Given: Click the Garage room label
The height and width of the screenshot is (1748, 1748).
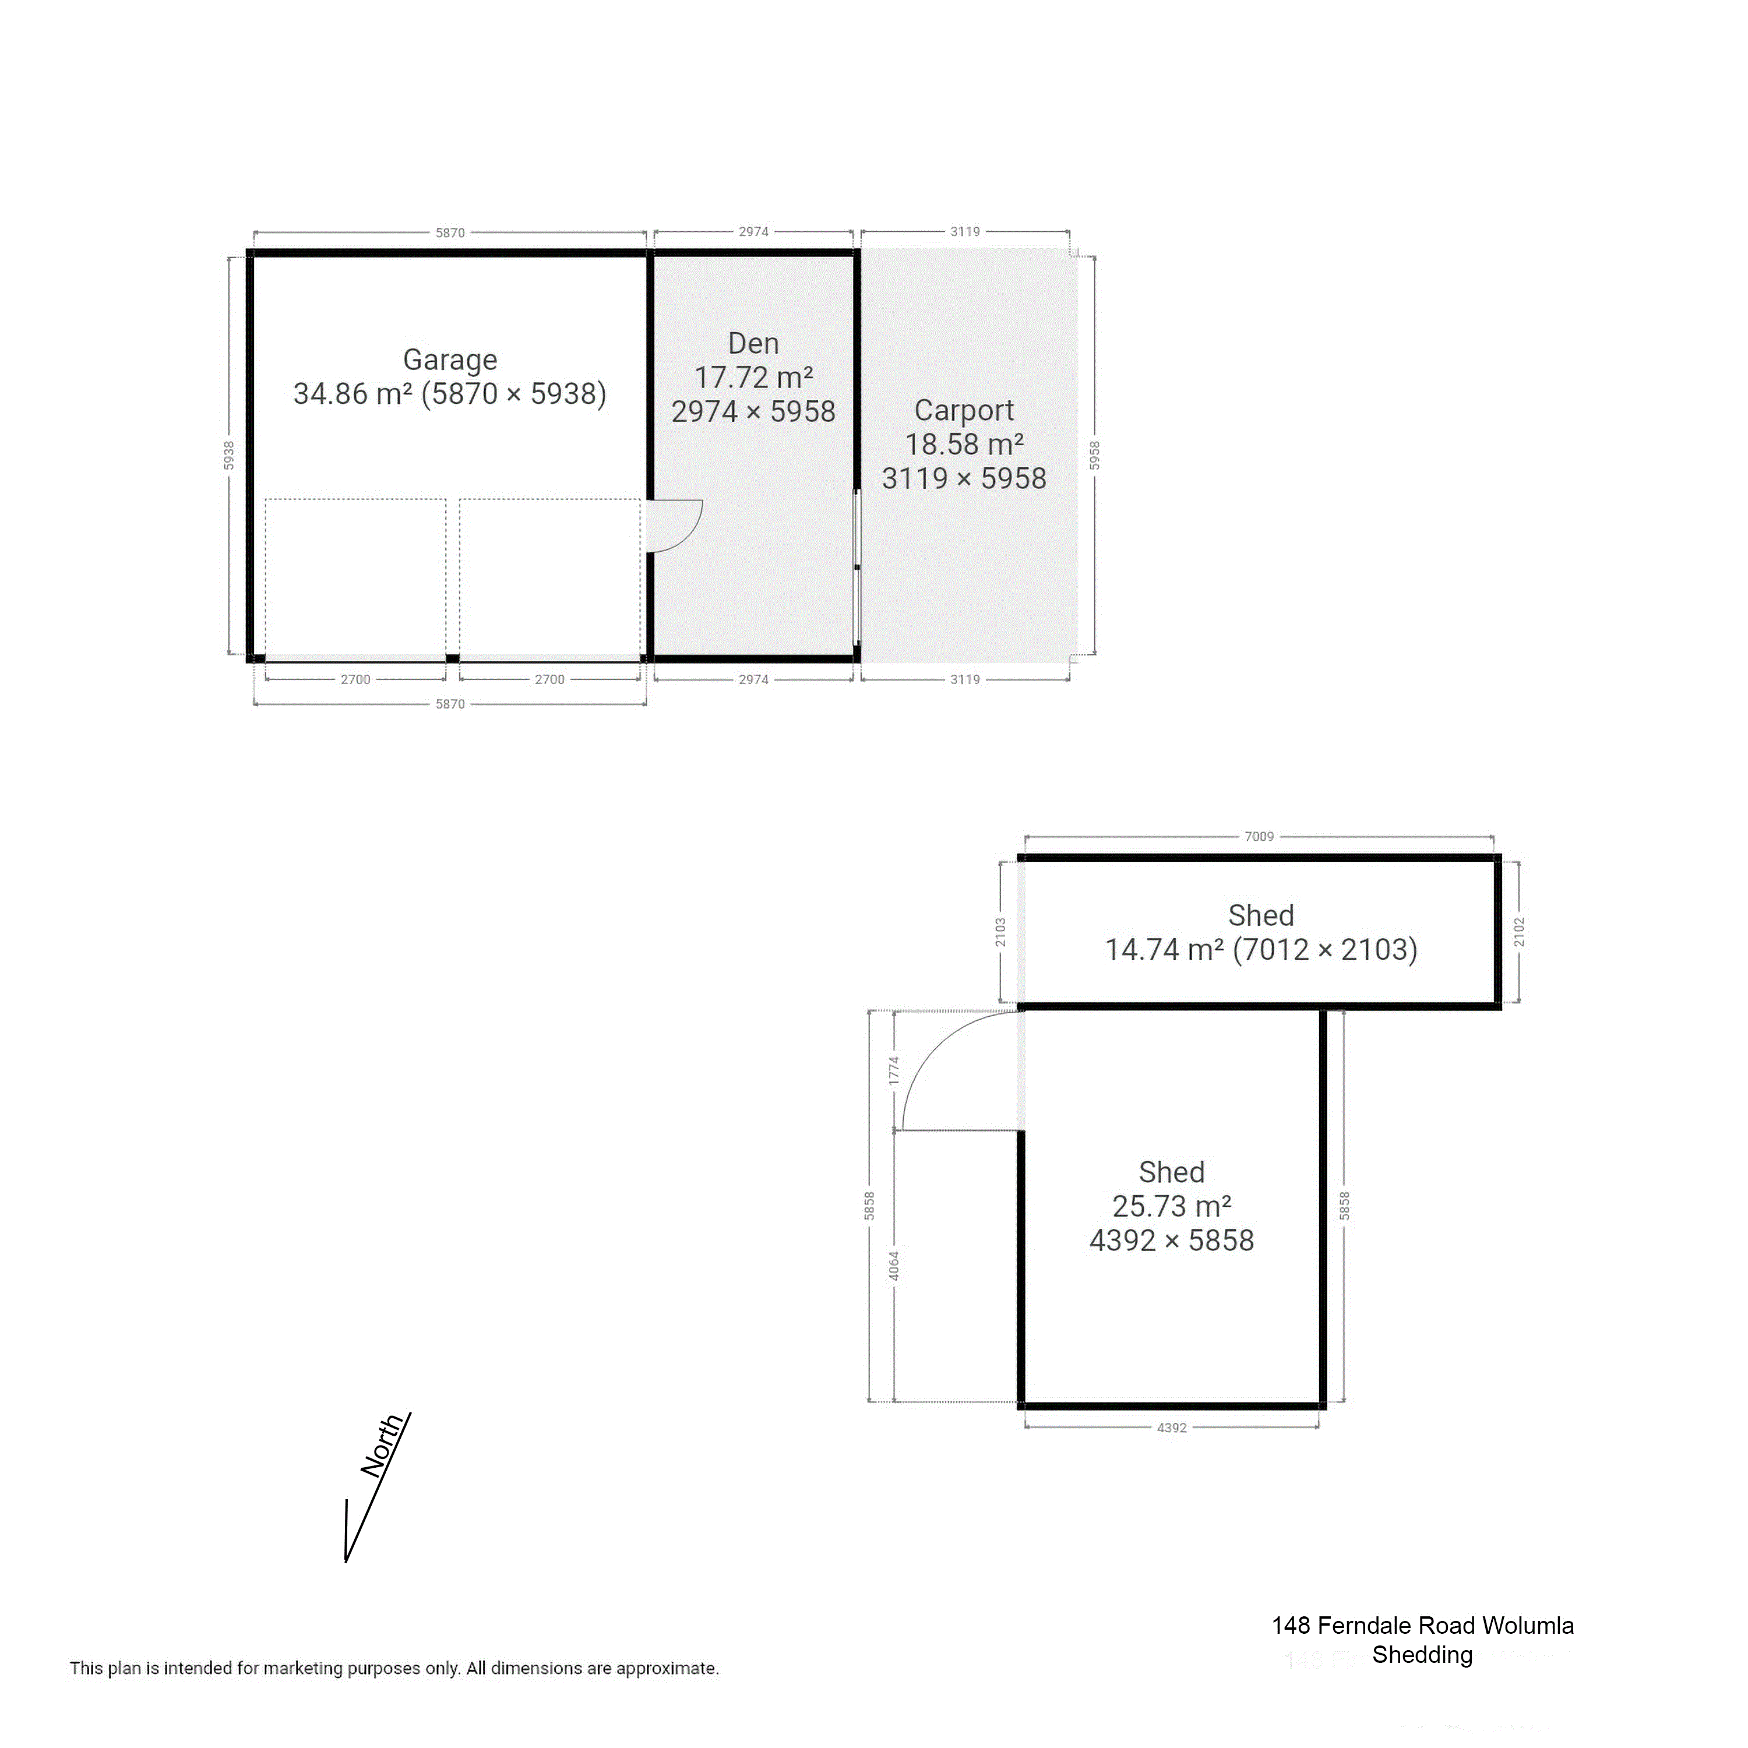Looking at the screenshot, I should tap(450, 360).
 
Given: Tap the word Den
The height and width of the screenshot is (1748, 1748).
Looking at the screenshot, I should tap(753, 344).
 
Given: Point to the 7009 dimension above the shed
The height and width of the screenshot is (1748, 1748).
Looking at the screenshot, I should tap(1259, 837).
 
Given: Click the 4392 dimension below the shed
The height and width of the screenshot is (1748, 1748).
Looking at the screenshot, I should tap(1171, 1428).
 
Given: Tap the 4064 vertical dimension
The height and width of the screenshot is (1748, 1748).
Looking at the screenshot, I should tap(894, 1266).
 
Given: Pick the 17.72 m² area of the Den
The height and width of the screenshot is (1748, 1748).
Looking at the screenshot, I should tap(753, 378).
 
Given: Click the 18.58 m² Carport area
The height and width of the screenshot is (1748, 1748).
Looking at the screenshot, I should tap(964, 444).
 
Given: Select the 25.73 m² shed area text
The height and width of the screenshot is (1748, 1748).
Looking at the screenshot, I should tap(1171, 1206).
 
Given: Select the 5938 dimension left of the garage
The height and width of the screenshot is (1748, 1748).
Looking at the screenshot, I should tap(229, 455).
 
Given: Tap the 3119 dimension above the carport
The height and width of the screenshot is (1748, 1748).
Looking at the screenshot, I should tap(964, 232).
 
